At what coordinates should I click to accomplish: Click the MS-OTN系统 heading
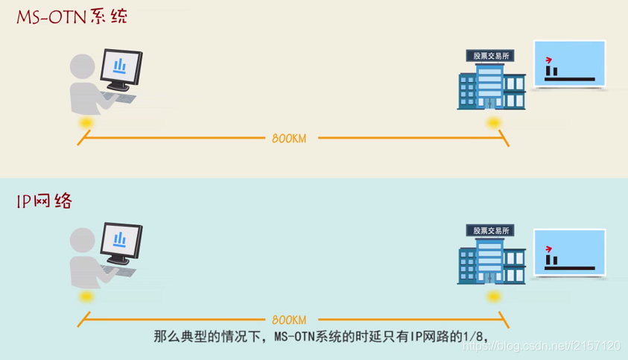72,16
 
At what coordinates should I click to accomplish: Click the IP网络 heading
45,200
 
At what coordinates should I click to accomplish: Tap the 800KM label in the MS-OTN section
289,137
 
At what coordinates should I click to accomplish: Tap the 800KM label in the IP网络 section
289,316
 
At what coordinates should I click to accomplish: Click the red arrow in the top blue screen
550,59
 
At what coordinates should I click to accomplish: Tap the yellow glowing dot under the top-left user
87,121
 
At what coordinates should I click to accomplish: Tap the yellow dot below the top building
492,121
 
